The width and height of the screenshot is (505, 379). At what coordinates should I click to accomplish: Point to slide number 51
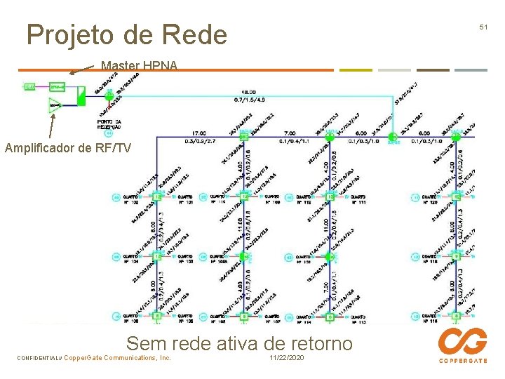pos(483,27)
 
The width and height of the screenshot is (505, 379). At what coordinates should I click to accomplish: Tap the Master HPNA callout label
pos(139,66)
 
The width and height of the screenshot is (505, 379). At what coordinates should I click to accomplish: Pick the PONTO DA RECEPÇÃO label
pos(108,124)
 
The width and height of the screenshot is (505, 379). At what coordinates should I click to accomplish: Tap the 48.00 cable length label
pos(248,93)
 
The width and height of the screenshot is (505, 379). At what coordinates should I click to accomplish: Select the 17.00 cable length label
pos(198,133)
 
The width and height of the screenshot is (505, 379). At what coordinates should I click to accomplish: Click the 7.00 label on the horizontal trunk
pos(288,133)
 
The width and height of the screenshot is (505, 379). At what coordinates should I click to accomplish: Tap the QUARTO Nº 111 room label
pos(358,200)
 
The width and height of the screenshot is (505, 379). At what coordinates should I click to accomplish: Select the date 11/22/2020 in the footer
pos(286,358)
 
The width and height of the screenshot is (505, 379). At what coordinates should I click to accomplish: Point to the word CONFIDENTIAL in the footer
pos(39,358)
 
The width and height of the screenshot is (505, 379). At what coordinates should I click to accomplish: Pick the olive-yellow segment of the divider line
pos(356,70)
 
